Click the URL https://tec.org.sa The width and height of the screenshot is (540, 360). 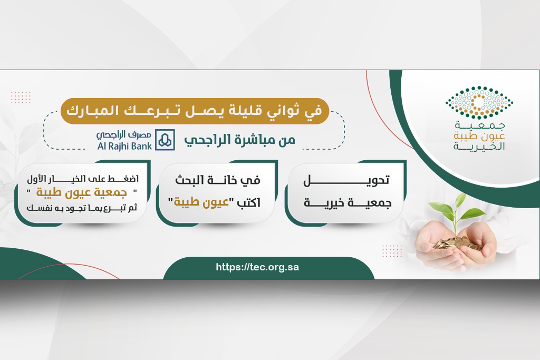point(257,267)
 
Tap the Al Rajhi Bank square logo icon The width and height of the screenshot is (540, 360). point(165,140)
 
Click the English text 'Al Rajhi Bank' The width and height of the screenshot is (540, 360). point(124,146)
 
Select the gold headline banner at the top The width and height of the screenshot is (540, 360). point(195,111)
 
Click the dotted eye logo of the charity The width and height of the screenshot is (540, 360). point(479,102)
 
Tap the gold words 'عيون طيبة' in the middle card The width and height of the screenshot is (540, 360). point(201,202)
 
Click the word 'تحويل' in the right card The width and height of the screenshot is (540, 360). point(346,180)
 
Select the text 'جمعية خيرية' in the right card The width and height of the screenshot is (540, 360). point(348,203)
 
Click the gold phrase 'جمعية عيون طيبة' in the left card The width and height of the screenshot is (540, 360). point(82,192)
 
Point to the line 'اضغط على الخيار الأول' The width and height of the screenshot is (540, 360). point(83,179)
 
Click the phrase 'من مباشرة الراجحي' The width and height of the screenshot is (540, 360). point(240,140)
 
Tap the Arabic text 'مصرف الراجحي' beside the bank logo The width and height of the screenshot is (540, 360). point(124,134)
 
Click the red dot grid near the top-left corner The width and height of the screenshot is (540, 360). point(21,98)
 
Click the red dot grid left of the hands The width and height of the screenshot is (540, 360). point(392,251)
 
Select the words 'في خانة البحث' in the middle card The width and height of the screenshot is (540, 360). point(218,180)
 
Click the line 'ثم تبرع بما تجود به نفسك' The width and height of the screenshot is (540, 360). point(82,208)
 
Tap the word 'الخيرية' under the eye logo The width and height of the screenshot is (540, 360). point(479,147)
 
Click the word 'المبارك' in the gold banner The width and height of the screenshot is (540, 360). point(92,111)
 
